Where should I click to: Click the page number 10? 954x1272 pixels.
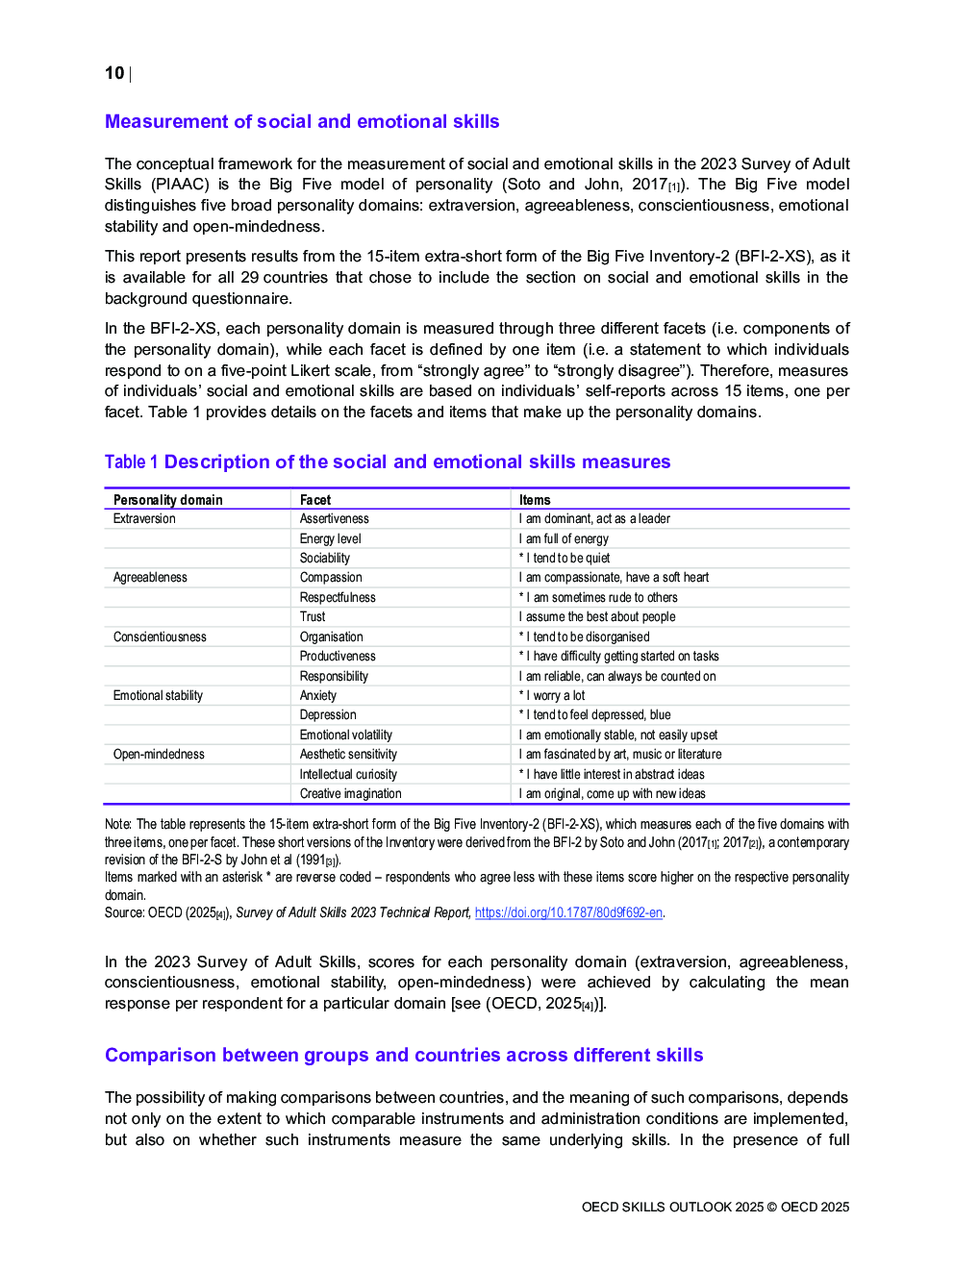(x=114, y=73)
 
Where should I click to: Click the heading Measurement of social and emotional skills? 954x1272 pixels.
(x=302, y=122)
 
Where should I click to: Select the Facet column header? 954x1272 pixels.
(x=315, y=500)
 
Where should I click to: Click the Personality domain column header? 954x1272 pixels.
(x=167, y=500)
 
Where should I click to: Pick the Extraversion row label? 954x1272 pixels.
(x=144, y=519)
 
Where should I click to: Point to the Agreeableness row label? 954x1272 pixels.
(x=150, y=578)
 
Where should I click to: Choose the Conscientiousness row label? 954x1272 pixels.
(x=160, y=636)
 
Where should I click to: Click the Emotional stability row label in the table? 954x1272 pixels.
(x=158, y=695)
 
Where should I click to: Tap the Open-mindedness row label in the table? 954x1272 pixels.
(x=159, y=755)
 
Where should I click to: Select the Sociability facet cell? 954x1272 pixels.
(x=325, y=559)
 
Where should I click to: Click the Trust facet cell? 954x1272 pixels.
(x=313, y=617)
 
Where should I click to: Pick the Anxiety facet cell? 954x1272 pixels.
(x=318, y=695)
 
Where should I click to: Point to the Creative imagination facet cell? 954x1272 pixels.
(x=350, y=794)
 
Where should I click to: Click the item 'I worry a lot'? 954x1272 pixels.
(x=555, y=695)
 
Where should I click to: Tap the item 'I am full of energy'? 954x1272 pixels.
(x=566, y=539)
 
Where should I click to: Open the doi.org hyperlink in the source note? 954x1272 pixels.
(x=568, y=912)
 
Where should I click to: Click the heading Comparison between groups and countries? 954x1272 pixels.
(x=404, y=1056)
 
